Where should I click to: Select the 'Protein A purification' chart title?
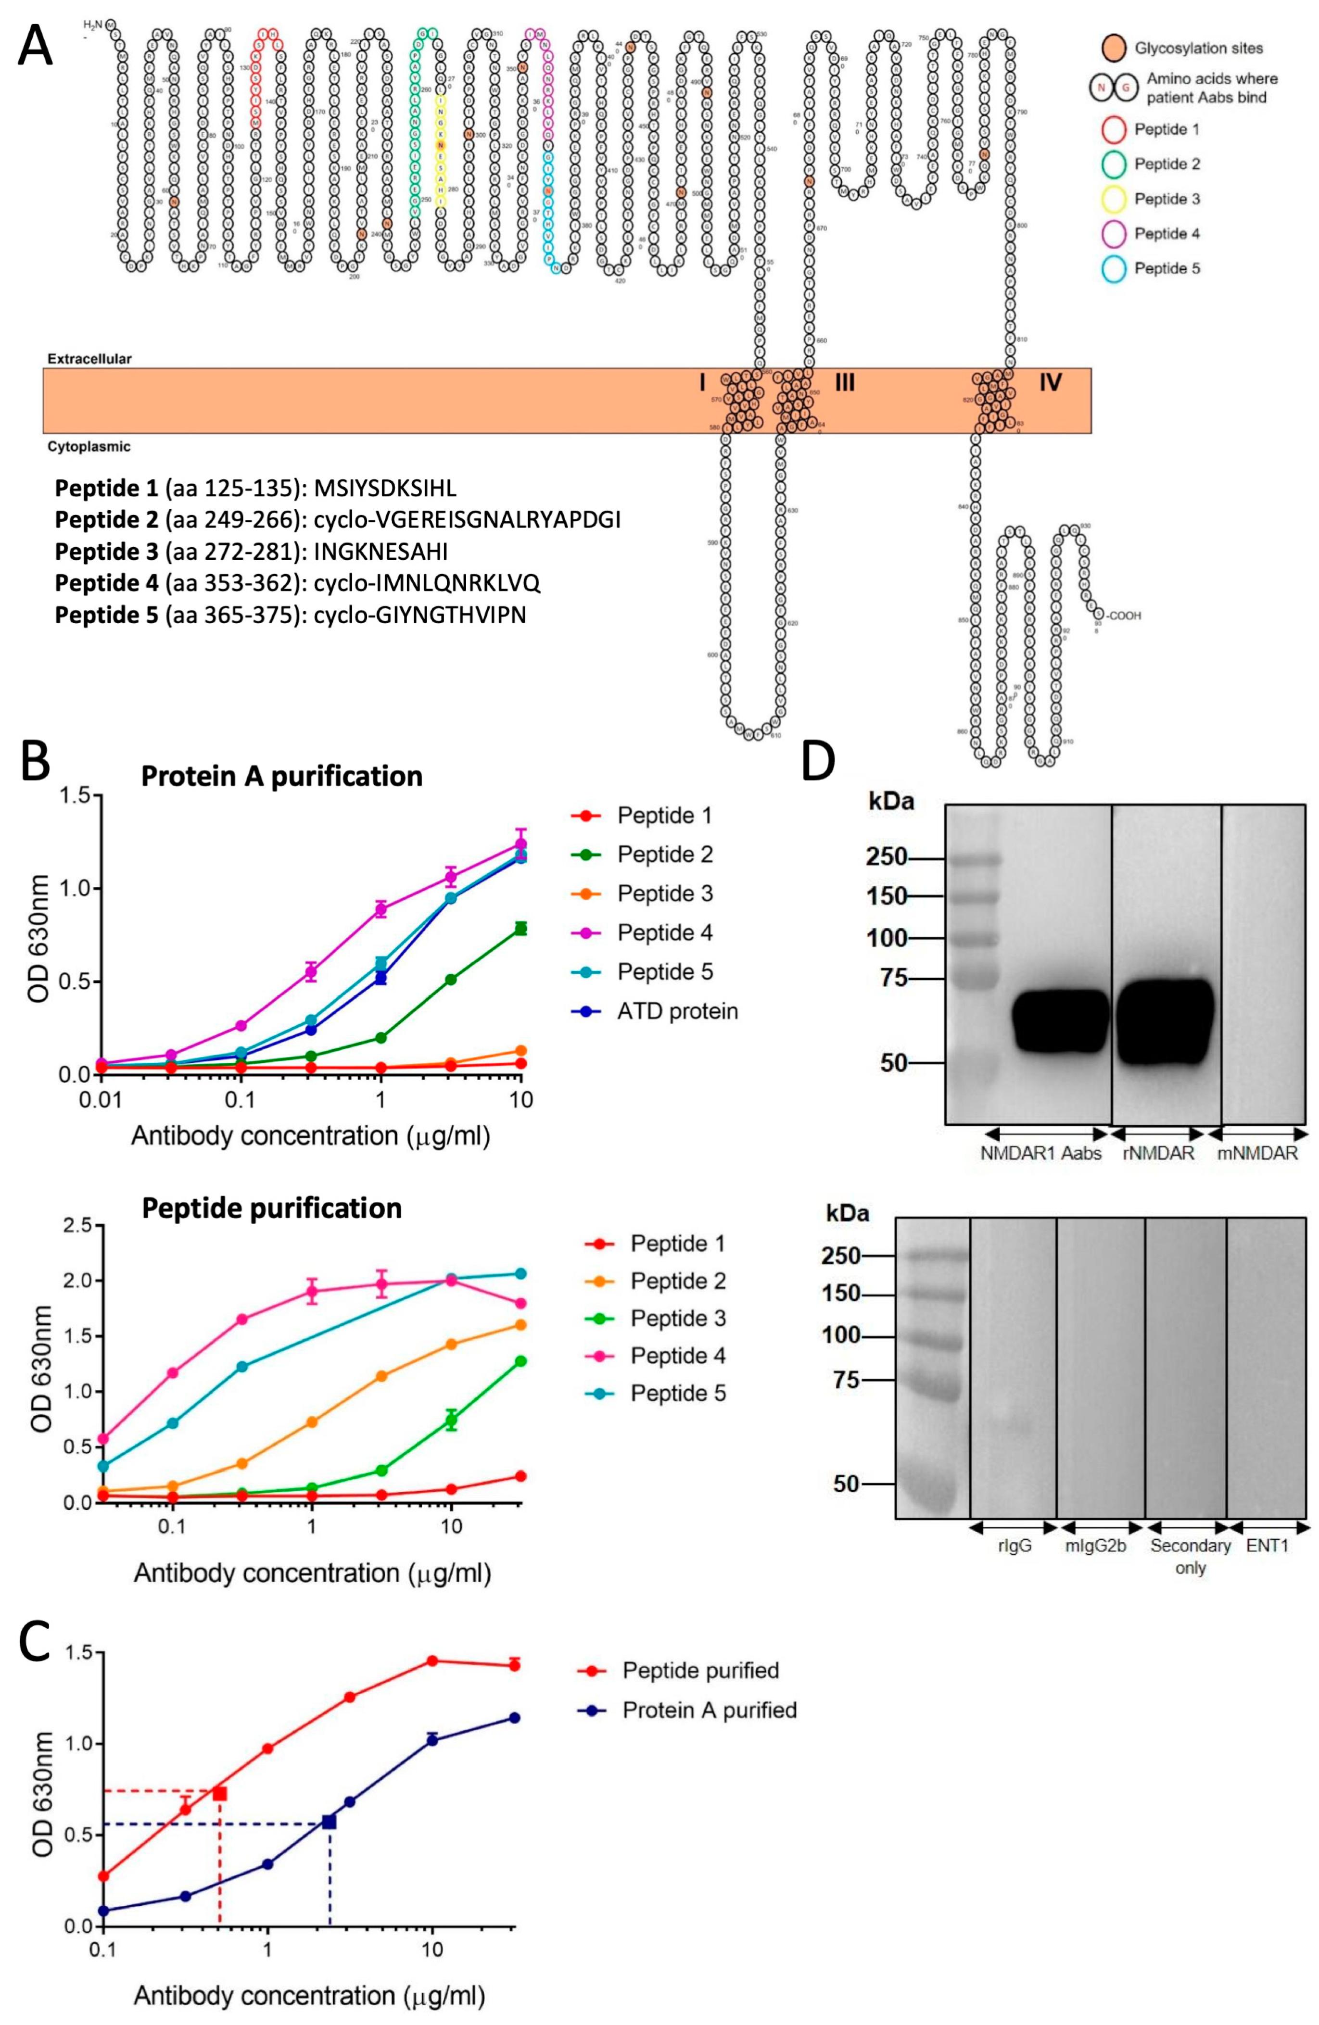[x=282, y=776]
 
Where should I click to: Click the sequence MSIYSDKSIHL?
[x=385, y=489]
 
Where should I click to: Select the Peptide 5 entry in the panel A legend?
[x=1167, y=269]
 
